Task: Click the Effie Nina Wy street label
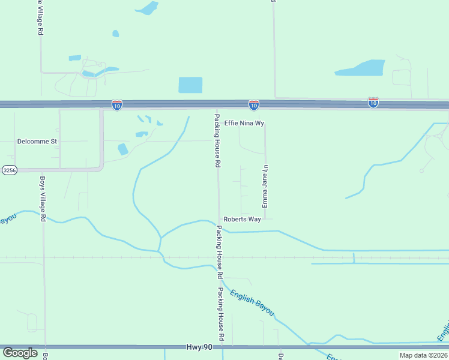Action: click(244, 123)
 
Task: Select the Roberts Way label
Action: click(242, 220)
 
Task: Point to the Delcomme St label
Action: click(37, 142)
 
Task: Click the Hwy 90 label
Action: click(200, 347)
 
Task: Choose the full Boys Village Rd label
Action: click(43, 199)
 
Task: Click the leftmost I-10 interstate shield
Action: click(116, 105)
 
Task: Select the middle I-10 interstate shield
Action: click(254, 105)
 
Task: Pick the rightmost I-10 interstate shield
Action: click(373, 103)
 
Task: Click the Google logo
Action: click(20, 352)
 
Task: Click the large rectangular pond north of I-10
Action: click(191, 85)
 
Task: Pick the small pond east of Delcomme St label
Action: click(122, 149)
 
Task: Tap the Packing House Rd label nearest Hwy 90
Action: click(221, 314)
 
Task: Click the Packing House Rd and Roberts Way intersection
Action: click(218, 220)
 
